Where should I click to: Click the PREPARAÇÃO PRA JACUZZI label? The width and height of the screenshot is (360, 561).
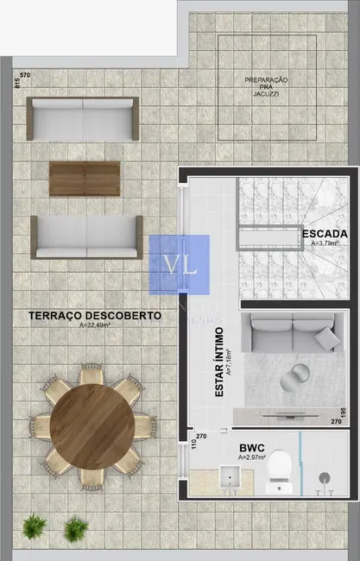[x=266, y=85]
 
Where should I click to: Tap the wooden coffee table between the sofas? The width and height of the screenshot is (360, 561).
[x=84, y=179]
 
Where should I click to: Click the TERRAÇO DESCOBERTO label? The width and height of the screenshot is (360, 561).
[x=95, y=316]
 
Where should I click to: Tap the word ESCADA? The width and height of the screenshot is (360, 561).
[x=325, y=234]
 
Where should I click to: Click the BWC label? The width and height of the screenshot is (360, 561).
[x=251, y=447]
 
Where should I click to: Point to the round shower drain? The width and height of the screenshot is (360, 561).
[x=325, y=477]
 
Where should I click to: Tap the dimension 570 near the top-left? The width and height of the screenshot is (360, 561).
[x=26, y=77]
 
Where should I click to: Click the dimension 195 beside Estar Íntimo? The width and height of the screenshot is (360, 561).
[x=343, y=411]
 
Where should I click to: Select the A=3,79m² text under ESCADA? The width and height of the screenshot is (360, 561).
[x=325, y=244]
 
